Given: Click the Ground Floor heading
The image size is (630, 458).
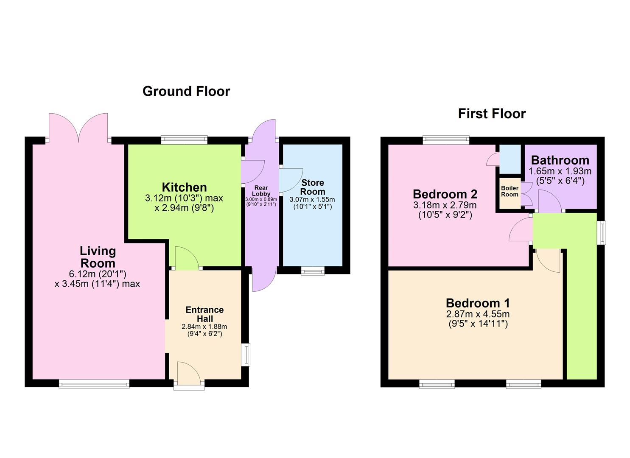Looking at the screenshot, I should tap(186, 92).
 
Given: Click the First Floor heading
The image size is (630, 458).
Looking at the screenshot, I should tap(492, 114).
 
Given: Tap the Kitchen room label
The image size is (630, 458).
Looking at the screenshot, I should tap(184, 187).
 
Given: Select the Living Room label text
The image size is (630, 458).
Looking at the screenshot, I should tap(98, 257).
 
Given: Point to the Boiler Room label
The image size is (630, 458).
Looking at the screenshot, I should tap(510, 191).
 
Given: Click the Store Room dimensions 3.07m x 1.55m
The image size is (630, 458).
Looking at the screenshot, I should tap(312, 199).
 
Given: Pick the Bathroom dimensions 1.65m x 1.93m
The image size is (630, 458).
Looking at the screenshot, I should tap(560, 171).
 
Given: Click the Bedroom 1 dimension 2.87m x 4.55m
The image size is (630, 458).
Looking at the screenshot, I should tap(478, 314).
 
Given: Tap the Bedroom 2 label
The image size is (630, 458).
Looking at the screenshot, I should tap(445, 194).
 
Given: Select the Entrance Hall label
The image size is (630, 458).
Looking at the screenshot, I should tap(204, 314).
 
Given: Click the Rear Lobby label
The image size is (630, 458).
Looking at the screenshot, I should tap(261, 191).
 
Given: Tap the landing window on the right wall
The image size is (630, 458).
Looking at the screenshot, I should tap(602, 232).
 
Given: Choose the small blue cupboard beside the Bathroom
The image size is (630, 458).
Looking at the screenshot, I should tap(510, 159).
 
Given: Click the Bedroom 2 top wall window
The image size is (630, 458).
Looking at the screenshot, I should tap(446, 139).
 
